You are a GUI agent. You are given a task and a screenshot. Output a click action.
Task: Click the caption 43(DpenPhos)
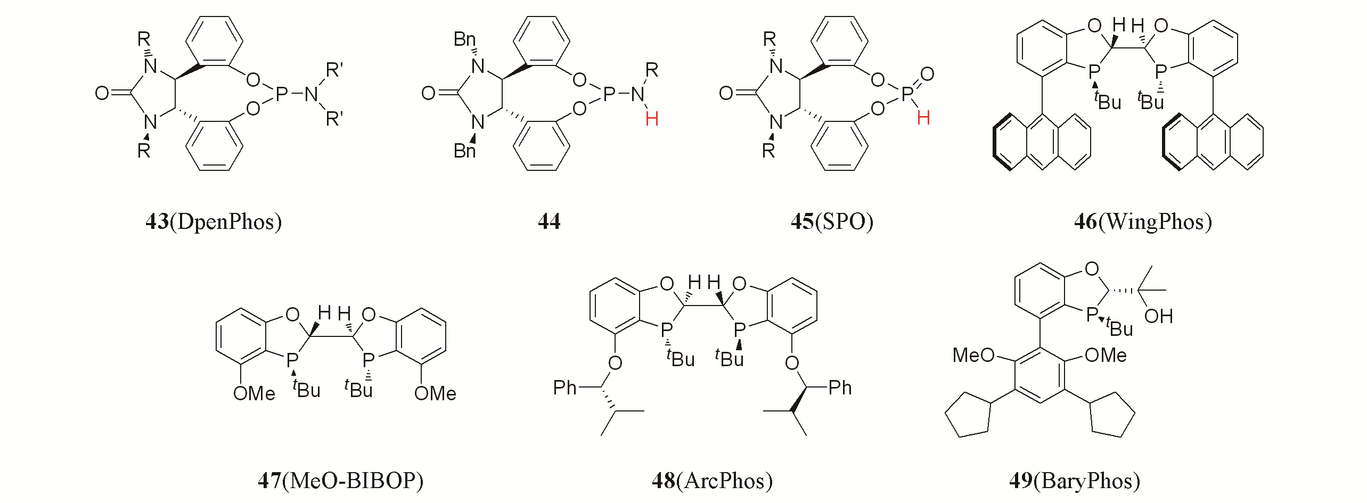coord(214,221)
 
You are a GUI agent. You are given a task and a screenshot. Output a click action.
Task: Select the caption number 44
coord(549,221)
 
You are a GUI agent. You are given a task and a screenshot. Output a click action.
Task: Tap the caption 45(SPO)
coord(832,221)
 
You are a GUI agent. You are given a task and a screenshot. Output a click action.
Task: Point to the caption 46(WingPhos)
coord(1143,221)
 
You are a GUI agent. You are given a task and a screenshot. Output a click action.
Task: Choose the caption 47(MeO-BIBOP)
coord(341,481)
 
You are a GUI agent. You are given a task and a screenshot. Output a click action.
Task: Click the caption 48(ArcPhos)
coord(712,481)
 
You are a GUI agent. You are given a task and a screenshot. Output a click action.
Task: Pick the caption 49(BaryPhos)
coord(1075,481)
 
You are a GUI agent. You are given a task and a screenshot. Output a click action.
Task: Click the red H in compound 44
coord(652,118)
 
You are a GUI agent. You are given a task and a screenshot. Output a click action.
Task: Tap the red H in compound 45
coord(923,118)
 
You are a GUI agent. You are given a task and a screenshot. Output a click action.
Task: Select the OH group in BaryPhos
coord(1158,316)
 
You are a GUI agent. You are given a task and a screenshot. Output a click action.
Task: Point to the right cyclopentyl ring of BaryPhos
coord(1111,415)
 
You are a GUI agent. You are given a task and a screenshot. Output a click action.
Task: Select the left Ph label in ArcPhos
coord(564,387)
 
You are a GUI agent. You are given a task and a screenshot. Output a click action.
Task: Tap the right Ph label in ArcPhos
coord(840,387)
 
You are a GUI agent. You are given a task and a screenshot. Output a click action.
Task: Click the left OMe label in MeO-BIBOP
coord(254,393)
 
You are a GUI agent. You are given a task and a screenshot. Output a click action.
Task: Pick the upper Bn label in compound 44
coord(464,39)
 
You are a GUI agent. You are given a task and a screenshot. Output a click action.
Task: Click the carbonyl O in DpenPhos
coord(102,94)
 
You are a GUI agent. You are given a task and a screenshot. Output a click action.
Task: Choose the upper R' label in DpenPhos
coord(334,70)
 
